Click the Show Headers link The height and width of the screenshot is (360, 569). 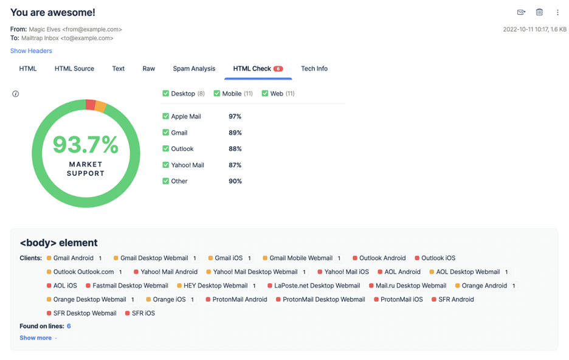click(31, 51)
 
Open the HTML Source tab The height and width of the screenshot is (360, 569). click(74, 69)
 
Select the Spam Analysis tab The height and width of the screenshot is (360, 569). click(194, 69)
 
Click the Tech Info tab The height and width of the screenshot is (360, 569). click(314, 69)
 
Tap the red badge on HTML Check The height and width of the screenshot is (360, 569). click(278, 69)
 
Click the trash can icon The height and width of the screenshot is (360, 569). click(539, 12)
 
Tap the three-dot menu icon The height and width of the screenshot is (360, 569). click(557, 12)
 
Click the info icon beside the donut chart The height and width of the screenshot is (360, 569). click(16, 94)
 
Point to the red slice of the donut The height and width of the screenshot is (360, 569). click(91, 105)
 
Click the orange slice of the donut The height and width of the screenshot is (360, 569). click(100, 106)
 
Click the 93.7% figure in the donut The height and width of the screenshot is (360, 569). click(86, 145)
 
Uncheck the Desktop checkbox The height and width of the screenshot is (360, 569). click(166, 94)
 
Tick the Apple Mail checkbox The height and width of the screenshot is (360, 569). click(166, 116)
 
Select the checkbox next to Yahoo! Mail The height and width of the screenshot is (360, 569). click(166, 165)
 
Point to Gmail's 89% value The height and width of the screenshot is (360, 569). click(235, 133)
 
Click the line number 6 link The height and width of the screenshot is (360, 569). click(69, 326)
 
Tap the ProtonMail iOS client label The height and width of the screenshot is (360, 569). click(402, 299)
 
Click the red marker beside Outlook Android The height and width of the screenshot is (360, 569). click(355, 258)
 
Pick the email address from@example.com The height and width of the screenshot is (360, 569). click(92, 29)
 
